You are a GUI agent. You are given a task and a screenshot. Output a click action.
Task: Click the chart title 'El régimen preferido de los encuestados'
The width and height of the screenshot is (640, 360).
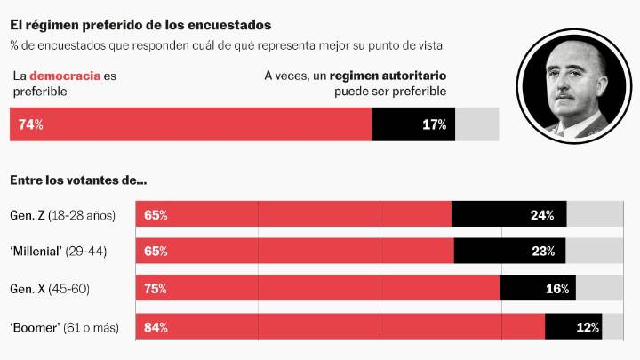140,26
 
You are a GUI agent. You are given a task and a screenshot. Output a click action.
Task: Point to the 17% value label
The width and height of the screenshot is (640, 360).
434,124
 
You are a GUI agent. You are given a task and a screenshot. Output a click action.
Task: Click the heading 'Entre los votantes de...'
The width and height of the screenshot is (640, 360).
78,180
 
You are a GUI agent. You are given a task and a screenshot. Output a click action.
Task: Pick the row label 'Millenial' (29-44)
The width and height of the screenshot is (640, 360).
58,252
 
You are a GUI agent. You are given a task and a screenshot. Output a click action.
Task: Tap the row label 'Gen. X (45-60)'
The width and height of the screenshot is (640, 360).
50,289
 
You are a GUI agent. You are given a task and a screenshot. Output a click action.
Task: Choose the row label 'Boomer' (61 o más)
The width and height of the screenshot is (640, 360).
63,327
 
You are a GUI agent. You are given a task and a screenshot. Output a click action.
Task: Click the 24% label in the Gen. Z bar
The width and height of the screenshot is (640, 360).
542,215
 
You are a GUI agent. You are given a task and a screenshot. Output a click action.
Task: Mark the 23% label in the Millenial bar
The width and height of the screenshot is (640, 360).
543,252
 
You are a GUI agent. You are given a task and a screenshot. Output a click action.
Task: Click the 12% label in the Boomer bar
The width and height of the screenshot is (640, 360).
588,327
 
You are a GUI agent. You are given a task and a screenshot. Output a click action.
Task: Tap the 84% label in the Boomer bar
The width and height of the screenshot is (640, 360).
156,327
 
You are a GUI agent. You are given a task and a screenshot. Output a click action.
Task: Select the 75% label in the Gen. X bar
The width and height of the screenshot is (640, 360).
156,289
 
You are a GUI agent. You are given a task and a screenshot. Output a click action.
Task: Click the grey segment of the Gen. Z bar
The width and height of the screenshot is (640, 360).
595,215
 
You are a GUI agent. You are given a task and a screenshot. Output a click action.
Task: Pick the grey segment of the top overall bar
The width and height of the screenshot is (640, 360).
477,124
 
